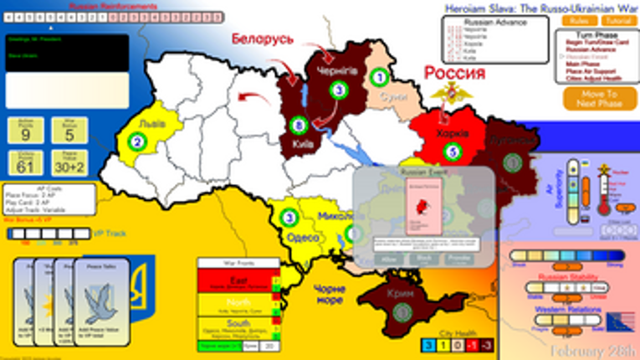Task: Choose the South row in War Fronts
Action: [238, 327]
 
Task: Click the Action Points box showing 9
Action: [26, 131]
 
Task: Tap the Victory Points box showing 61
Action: [26, 163]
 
